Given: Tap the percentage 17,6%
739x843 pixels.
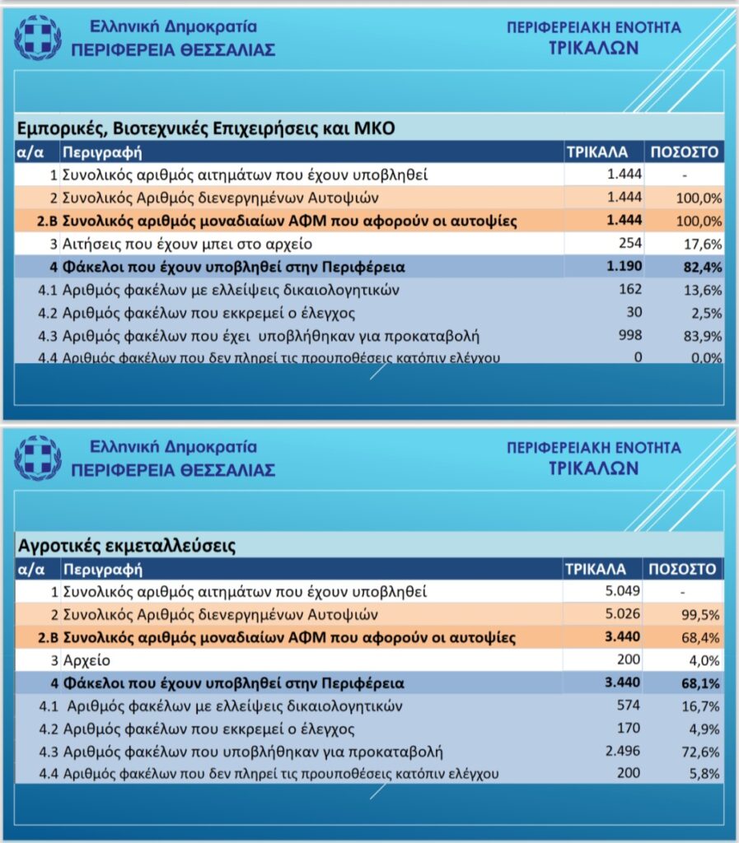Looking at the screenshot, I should (x=703, y=244).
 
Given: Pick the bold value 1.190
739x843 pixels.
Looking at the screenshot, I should (x=624, y=267).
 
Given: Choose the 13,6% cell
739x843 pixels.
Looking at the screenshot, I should (x=703, y=290).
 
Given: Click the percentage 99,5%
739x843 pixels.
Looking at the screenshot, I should (x=703, y=614).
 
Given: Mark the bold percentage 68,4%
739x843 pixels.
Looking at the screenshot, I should (x=703, y=637).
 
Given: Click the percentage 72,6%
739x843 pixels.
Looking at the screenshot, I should (x=703, y=752).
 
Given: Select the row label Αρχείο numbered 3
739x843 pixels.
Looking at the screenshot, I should (x=87, y=660).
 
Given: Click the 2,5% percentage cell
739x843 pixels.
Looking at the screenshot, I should (x=706, y=312).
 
